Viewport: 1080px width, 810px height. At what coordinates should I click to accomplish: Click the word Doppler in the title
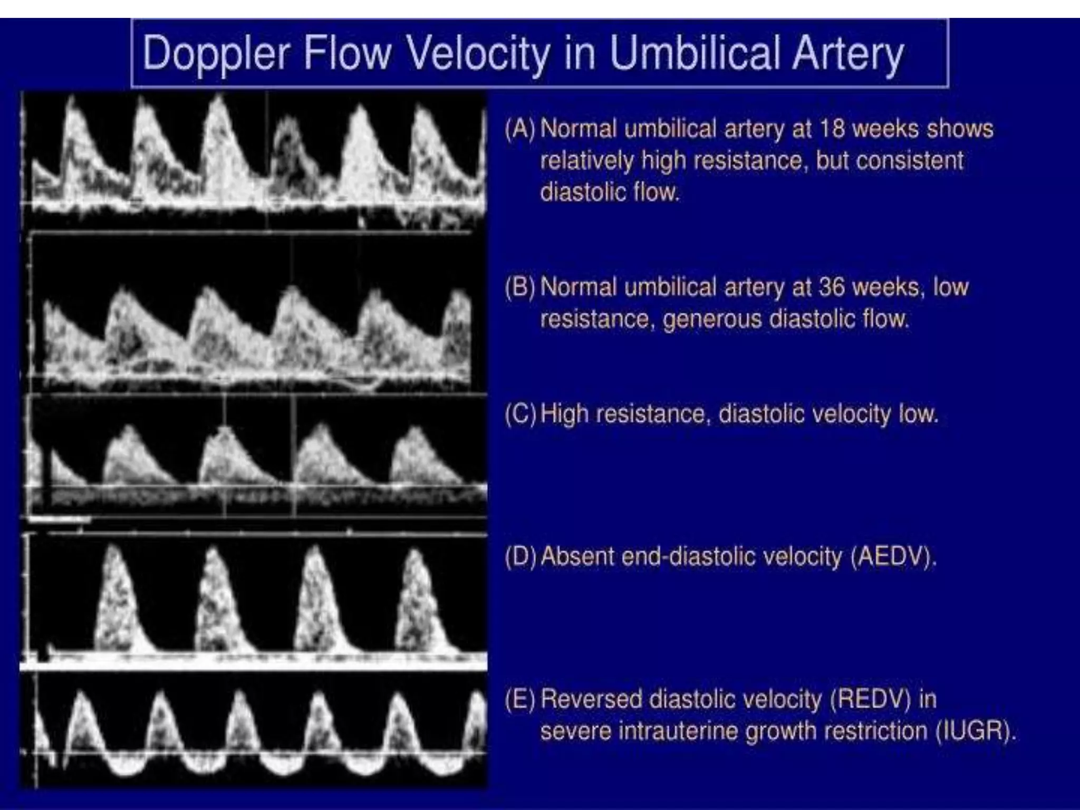216,53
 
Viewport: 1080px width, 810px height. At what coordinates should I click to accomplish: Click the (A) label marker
520,129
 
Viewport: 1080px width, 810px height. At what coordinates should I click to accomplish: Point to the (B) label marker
520,287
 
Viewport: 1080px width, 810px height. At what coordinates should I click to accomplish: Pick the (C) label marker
520,414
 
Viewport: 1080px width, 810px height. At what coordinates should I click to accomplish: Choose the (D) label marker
520,556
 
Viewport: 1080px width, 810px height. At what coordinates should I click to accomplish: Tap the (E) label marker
520,699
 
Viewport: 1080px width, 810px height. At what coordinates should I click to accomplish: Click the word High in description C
564,414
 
